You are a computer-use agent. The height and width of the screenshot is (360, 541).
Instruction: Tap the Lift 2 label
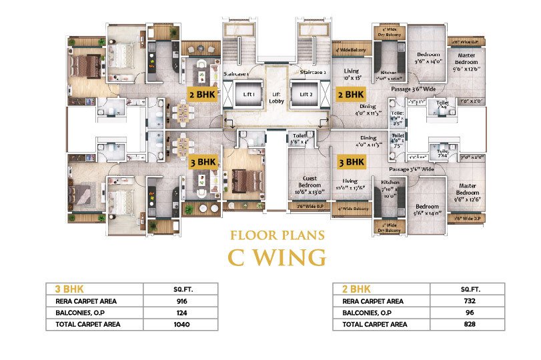click(x=306, y=95)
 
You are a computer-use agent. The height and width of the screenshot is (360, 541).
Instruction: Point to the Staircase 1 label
click(x=237, y=73)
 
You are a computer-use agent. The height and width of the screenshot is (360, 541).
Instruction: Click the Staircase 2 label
click(x=312, y=72)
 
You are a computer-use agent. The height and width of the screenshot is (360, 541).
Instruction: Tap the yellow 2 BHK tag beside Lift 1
click(x=202, y=94)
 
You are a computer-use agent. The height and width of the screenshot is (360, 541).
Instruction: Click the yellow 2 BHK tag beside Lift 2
click(x=350, y=94)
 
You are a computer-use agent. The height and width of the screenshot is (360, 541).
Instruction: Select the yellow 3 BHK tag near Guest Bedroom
click(x=350, y=161)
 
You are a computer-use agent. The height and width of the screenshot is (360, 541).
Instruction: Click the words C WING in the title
click(x=277, y=257)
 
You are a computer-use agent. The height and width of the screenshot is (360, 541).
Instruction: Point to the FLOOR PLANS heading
click(x=277, y=235)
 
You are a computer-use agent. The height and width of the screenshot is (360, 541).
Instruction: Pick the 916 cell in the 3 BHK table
click(x=182, y=301)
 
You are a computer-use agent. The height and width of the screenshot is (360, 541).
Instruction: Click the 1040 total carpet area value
click(x=182, y=325)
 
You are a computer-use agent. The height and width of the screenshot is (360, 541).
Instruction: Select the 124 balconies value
click(x=182, y=313)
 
